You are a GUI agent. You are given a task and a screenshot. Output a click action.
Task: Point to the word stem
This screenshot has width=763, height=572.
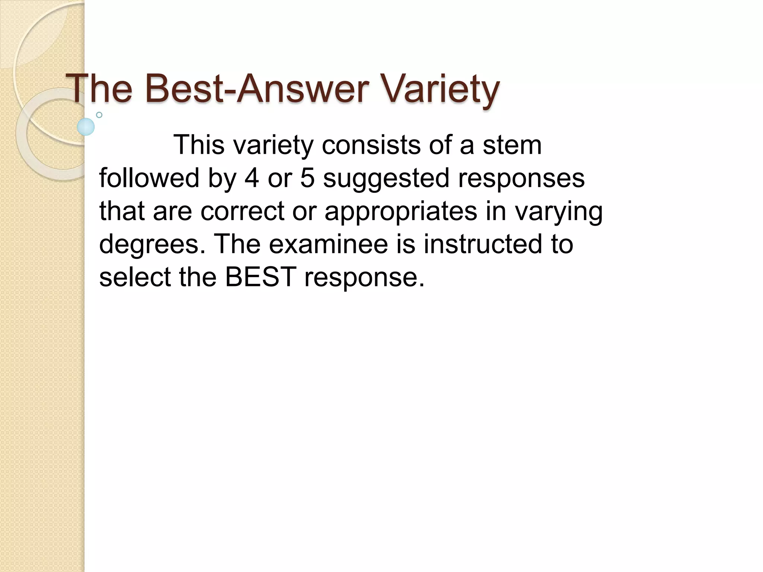pyautogui.click(x=512, y=145)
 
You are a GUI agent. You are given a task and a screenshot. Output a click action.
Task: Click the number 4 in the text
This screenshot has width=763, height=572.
pyautogui.click(x=252, y=178)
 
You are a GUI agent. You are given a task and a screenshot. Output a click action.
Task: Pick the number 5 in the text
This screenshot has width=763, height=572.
pyautogui.click(x=307, y=178)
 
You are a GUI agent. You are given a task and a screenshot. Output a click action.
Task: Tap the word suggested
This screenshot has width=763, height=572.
pyautogui.click(x=386, y=178)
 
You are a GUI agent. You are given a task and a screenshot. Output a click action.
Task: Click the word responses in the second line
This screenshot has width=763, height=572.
pyautogui.click(x=521, y=178)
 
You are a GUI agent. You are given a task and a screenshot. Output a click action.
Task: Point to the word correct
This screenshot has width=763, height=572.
pyautogui.click(x=243, y=211)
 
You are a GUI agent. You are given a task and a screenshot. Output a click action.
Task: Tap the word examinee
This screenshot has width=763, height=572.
pyautogui.click(x=328, y=244)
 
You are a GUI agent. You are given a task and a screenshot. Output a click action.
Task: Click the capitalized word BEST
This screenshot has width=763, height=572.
pyautogui.click(x=260, y=277)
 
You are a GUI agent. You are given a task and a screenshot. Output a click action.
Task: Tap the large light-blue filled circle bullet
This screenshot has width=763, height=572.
pyautogui.click(x=86, y=127)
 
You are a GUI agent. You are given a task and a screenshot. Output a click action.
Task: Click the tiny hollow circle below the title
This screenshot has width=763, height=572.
pyautogui.click(x=99, y=115)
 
